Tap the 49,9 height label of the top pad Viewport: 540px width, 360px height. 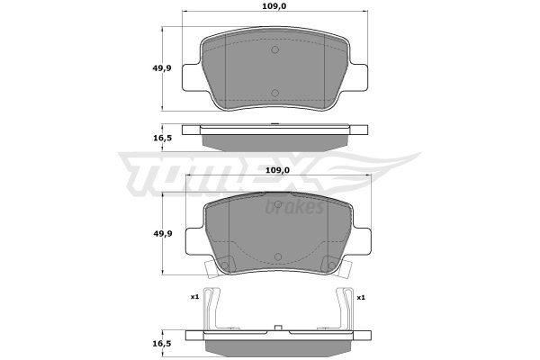tap(162, 68)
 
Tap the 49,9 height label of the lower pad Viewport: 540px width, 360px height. tap(163, 234)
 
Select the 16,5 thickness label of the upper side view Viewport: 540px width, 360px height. tap(162, 138)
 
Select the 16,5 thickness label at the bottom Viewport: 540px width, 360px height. tap(162, 344)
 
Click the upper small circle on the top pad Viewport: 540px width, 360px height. tap(274, 49)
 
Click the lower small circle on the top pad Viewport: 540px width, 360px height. tap(274, 93)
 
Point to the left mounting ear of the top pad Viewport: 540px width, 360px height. tap(192, 77)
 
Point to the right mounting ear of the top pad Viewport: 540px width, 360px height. tap(358, 77)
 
